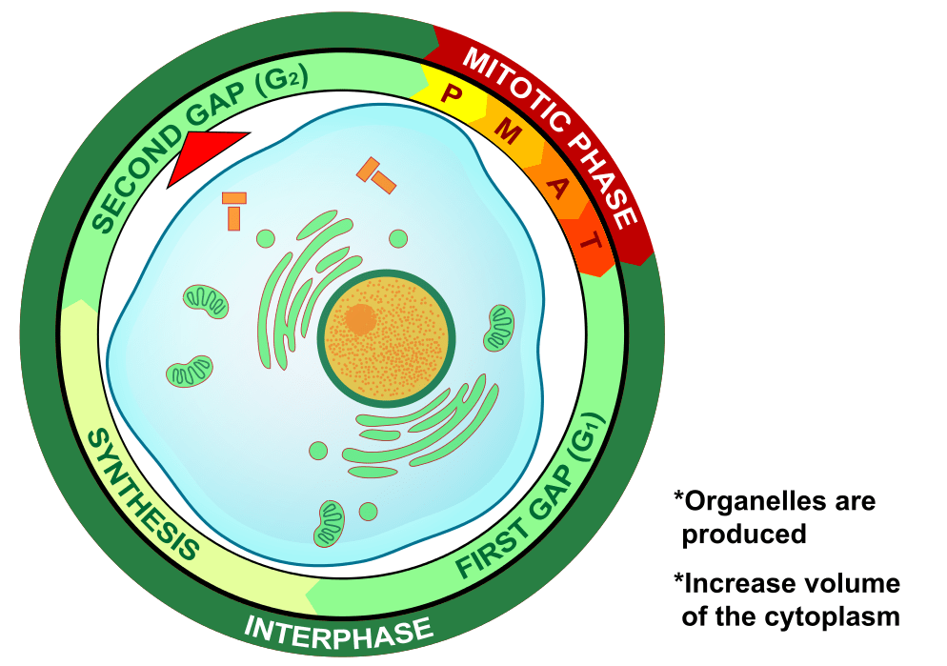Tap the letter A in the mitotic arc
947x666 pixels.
pyautogui.click(x=556, y=188)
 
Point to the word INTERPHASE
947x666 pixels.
pyautogui.click(x=339, y=630)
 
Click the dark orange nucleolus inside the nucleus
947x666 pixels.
pyautogui.click(x=360, y=319)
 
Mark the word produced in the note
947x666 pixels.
pyautogui.click(x=744, y=534)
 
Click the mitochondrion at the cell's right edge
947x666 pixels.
pyautogui.click(x=499, y=327)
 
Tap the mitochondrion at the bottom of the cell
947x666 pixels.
pyautogui.click(x=331, y=523)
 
